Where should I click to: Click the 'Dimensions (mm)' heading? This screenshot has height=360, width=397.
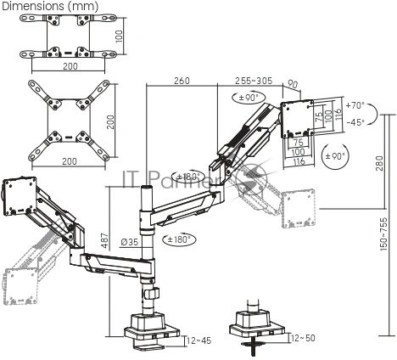[x=50, y=6]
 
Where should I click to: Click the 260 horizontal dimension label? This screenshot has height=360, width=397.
[x=182, y=81]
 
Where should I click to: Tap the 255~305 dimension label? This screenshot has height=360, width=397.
[x=254, y=81]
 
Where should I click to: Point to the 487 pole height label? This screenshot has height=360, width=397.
[x=104, y=240]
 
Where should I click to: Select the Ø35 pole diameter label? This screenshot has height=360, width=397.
[x=130, y=242]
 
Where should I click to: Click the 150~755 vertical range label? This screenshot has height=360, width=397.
[x=383, y=234]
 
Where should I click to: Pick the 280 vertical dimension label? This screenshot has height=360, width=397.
[x=380, y=163]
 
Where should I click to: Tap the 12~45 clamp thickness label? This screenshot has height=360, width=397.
[x=199, y=340]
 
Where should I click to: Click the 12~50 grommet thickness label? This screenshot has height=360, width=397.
[x=303, y=338]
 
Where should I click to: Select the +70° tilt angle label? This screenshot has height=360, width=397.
[x=355, y=105]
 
